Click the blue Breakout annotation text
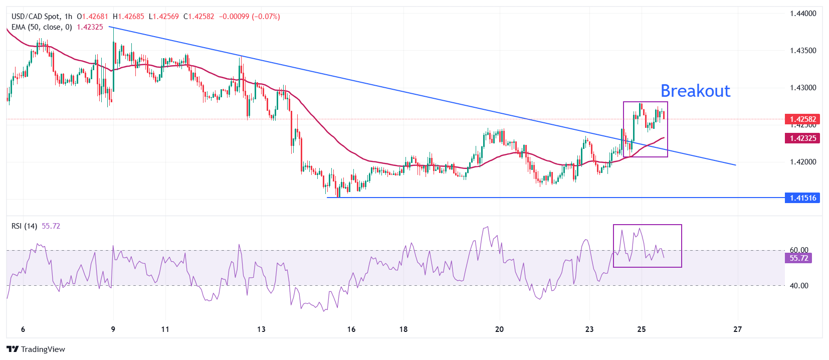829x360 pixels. click(695, 91)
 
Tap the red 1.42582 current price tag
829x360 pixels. click(802, 119)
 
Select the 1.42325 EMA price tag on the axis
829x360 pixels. click(802, 138)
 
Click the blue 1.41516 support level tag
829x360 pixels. click(802, 198)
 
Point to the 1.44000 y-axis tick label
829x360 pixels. click(803, 14)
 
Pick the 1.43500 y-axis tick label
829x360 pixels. click(803, 51)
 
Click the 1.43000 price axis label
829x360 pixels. click(803, 88)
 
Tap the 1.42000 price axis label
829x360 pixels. click(803, 162)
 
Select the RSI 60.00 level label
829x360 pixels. click(799, 250)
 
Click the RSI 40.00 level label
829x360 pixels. click(799, 286)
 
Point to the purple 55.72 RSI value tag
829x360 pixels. click(798, 258)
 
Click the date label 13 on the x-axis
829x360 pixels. click(261, 329)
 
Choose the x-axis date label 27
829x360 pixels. click(737, 329)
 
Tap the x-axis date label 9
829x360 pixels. click(113, 329)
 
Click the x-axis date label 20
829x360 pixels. click(499, 329)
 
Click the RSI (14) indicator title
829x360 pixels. click(24, 226)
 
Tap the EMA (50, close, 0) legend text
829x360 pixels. click(42, 27)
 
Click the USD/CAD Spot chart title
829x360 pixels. click(35, 17)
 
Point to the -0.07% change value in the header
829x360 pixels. click(268, 17)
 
